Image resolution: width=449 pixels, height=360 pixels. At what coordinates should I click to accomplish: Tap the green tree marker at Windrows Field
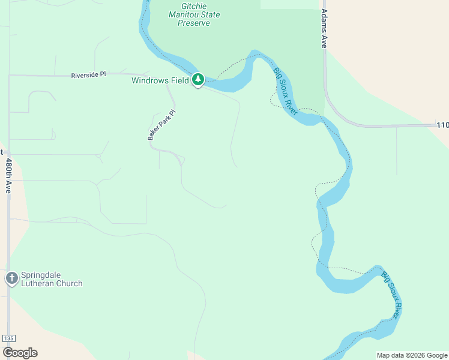tap(198, 80)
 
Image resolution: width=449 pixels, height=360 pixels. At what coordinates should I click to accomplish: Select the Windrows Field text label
tap(160, 80)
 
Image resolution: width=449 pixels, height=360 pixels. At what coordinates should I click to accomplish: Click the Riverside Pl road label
tap(88, 75)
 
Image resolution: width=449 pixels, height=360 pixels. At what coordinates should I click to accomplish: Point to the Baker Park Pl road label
tap(161, 125)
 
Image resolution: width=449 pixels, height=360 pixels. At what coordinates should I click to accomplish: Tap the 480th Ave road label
tap(8, 175)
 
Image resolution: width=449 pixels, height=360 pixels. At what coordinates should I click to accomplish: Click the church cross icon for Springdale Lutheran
tap(11, 278)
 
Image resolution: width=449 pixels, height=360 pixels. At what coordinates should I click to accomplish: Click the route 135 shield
tap(8, 338)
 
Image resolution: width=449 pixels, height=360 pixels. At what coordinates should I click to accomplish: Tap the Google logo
tap(19, 353)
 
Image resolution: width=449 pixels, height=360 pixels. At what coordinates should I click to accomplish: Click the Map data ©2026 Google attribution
tap(412, 355)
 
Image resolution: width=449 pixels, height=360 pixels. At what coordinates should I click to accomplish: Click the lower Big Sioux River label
tap(391, 295)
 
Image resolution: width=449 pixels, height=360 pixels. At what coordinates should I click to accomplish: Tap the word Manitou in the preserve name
tap(186, 14)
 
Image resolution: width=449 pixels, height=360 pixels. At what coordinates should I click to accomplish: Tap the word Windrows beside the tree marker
tap(148, 80)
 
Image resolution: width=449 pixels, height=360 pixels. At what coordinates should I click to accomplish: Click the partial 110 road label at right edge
tap(442, 125)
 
